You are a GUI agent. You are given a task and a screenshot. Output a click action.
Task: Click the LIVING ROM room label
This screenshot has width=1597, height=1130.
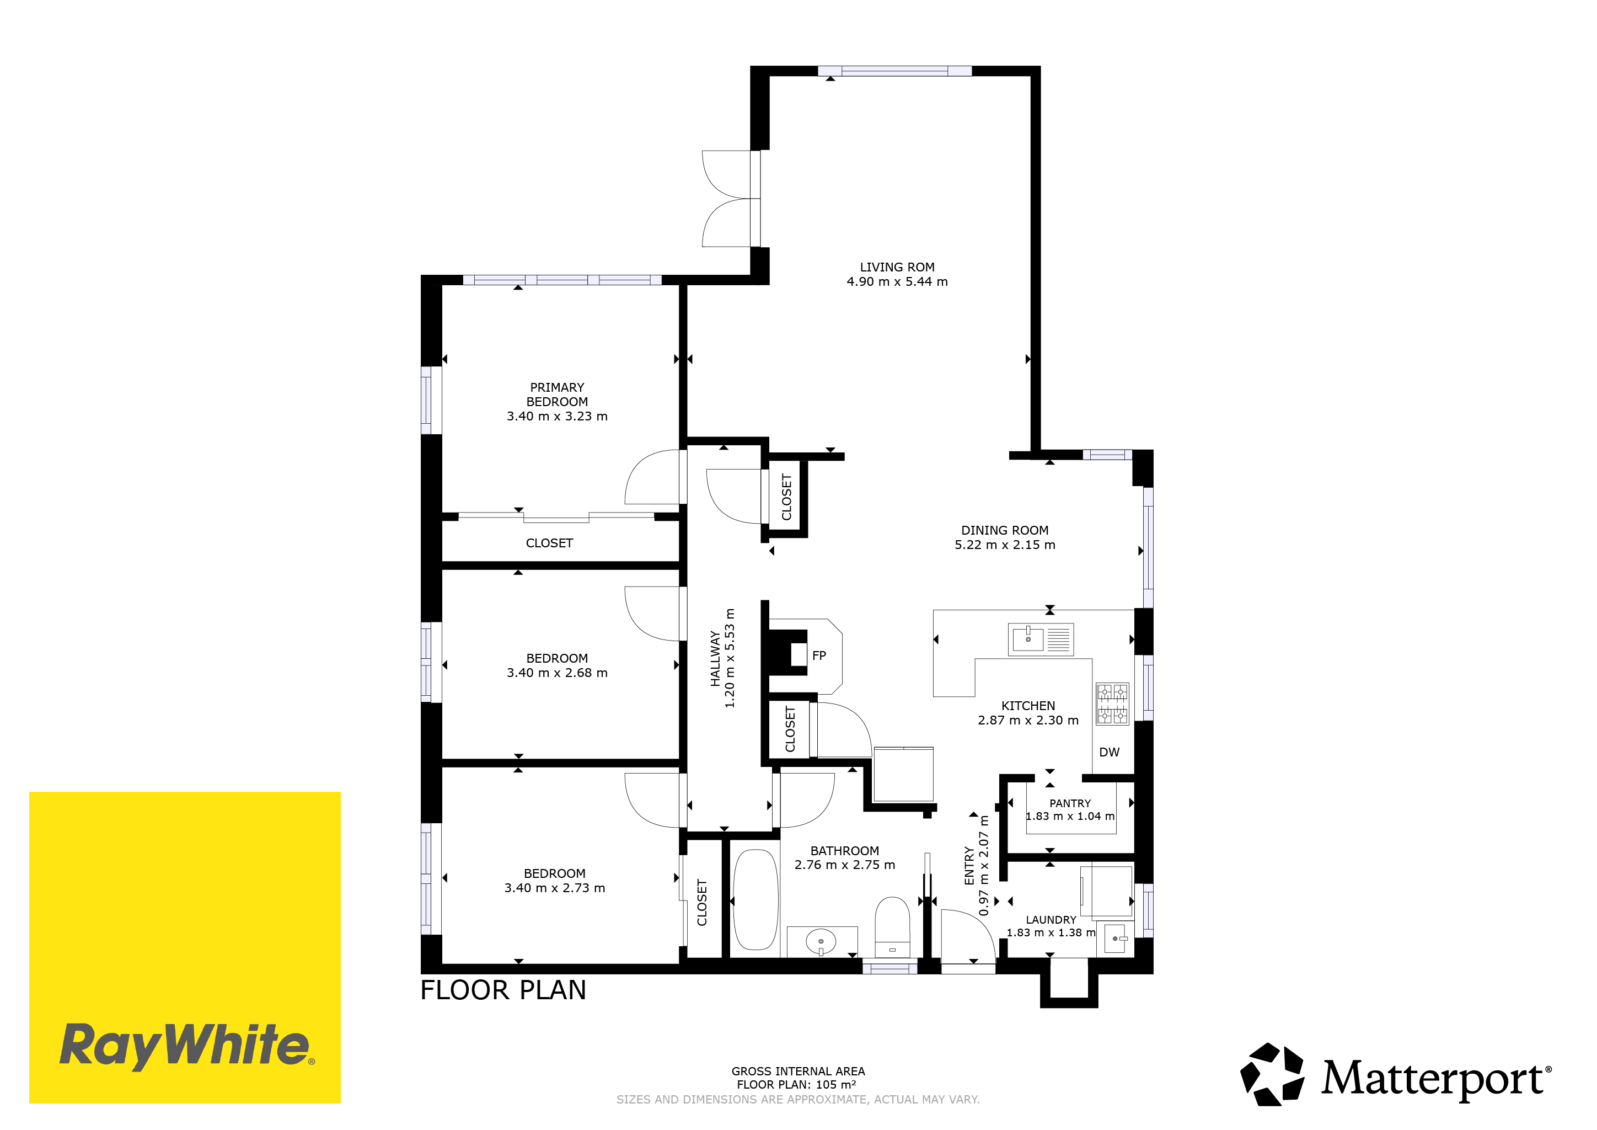[x=897, y=267]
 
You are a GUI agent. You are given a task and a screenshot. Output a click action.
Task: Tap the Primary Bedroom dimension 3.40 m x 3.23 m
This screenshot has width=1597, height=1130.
[x=557, y=416]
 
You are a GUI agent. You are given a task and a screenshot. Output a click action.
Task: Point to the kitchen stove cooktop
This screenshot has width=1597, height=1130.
[x=1112, y=703]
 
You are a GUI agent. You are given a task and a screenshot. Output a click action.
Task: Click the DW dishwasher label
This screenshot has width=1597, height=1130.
[x=1110, y=752]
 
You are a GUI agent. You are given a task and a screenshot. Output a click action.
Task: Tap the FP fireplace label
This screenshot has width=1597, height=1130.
[x=819, y=655]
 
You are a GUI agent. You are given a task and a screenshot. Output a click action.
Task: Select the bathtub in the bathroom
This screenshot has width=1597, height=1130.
[x=755, y=900]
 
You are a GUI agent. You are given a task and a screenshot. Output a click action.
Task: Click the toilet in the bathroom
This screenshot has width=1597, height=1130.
[x=892, y=928]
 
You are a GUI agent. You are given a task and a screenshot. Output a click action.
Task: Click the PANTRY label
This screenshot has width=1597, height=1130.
[x=1070, y=803]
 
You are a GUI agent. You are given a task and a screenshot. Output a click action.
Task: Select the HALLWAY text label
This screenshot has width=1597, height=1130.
[x=715, y=658]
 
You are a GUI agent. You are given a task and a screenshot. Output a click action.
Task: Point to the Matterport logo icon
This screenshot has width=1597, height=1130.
[x=1272, y=1074]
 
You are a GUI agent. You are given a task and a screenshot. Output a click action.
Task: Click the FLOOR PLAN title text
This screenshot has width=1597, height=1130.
[x=503, y=990]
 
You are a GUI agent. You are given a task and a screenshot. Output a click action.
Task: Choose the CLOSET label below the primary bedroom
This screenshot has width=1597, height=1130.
[x=549, y=543]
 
